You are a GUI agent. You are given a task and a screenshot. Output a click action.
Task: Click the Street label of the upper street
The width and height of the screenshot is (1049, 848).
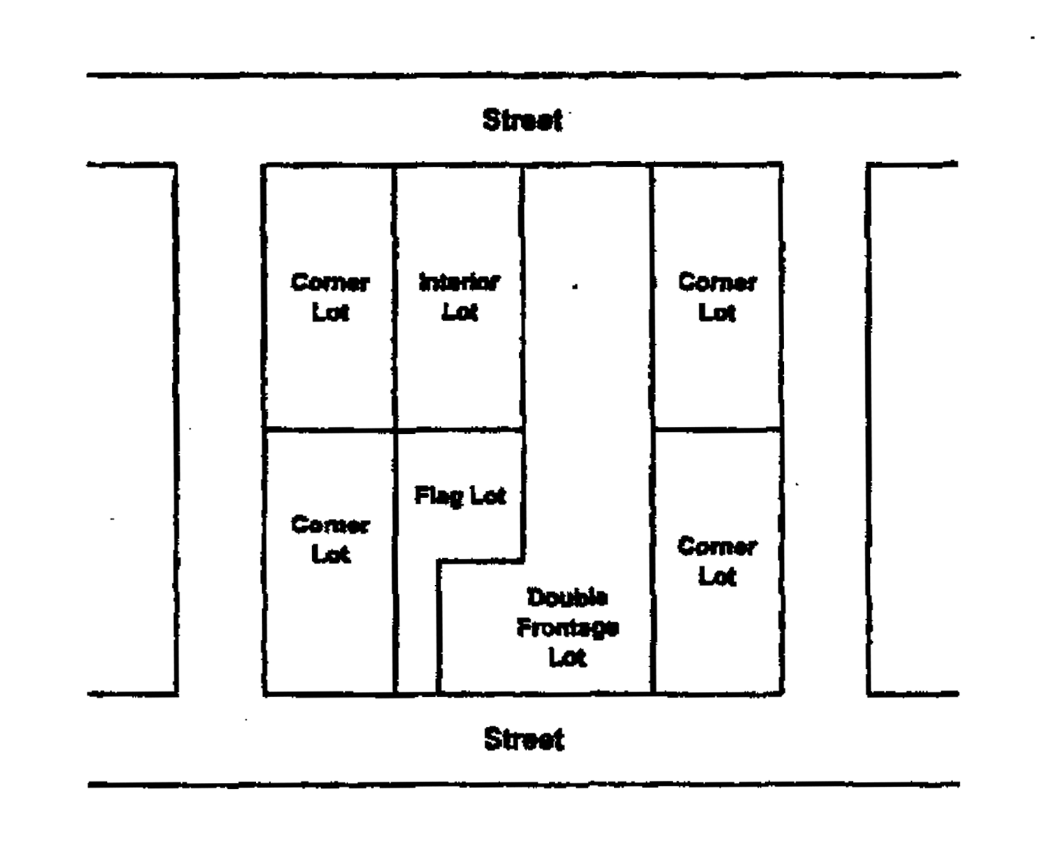coord(522,120)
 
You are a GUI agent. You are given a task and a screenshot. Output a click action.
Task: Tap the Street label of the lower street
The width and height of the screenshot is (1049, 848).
coord(524,740)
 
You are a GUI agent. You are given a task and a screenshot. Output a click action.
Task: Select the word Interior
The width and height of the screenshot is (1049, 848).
coord(459,283)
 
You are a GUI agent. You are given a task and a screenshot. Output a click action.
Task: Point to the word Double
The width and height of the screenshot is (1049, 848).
coord(567,598)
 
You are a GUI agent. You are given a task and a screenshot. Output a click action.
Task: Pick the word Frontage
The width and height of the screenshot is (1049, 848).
coord(567,628)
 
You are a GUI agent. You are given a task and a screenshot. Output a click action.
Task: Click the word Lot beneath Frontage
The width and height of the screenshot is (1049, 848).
coord(567,658)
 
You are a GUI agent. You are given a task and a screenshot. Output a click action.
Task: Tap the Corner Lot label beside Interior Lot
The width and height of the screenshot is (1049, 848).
coord(329,297)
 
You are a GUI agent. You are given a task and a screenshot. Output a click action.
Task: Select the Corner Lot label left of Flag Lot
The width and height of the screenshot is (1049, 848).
coord(329,539)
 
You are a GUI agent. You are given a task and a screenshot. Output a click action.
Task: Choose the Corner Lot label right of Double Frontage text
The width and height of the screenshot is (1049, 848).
coord(717,561)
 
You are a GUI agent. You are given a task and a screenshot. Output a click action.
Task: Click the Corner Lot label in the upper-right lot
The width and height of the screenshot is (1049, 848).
coord(717,297)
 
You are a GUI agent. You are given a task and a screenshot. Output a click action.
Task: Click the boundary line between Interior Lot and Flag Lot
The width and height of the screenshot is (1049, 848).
coord(459,430)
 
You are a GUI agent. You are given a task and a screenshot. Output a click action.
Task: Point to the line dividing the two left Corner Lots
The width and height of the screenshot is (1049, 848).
coord(329,430)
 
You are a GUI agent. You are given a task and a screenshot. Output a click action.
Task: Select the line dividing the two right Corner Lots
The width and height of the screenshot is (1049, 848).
coord(717,429)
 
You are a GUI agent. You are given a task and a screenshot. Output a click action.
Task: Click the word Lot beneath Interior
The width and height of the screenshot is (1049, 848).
coord(459,312)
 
